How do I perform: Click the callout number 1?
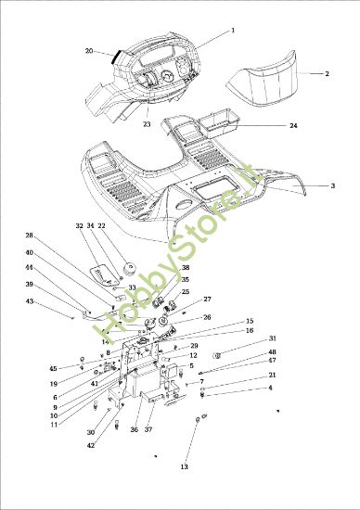click(x=233, y=31)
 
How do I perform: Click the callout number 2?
click(x=327, y=72)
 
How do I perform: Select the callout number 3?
click(x=333, y=185)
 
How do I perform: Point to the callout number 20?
click(x=89, y=51)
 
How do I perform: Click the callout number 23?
click(x=147, y=123)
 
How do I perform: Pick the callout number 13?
click(x=184, y=466)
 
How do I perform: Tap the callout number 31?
click(x=273, y=338)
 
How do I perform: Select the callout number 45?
click(x=54, y=368)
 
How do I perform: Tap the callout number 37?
click(x=149, y=429)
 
